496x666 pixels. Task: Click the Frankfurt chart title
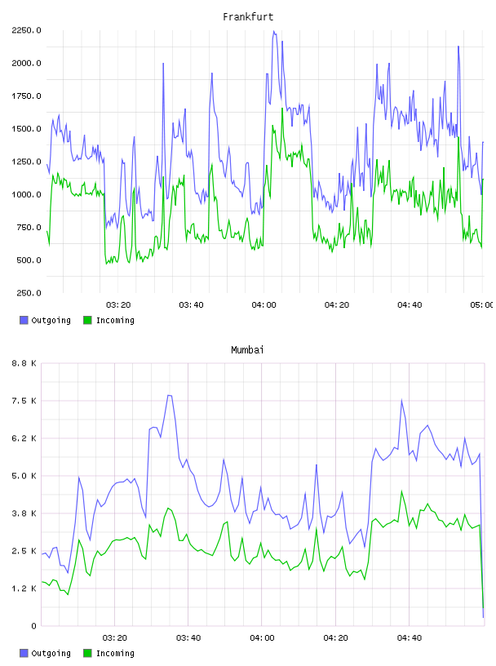[248, 17]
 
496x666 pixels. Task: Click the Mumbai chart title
[247, 350]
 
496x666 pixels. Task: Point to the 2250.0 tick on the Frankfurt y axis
[26, 30]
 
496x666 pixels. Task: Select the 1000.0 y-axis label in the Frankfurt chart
[26, 194]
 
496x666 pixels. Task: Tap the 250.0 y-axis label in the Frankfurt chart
[29, 293]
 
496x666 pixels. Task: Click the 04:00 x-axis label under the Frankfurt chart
[263, 305]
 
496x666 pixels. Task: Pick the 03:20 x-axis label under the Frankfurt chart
[118, 305]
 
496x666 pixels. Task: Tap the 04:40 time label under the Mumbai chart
[410, 638]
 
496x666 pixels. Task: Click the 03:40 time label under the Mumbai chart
[188, 638]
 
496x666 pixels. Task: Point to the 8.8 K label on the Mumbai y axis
[24, 363]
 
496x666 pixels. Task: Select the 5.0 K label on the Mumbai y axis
[24, 476]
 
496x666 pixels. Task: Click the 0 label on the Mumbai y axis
[33, 626]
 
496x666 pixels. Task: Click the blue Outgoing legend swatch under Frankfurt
[24, 320]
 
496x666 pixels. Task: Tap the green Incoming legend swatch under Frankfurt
[87, 320]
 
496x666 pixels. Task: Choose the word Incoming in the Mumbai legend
[115, 653]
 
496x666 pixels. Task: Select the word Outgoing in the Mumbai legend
[51, 653]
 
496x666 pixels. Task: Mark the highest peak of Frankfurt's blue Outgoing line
[274, 31]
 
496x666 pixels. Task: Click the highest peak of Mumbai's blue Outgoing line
[169, 395]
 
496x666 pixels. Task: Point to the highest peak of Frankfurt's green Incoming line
[282, 109]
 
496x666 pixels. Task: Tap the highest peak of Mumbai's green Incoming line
[401, 491]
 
